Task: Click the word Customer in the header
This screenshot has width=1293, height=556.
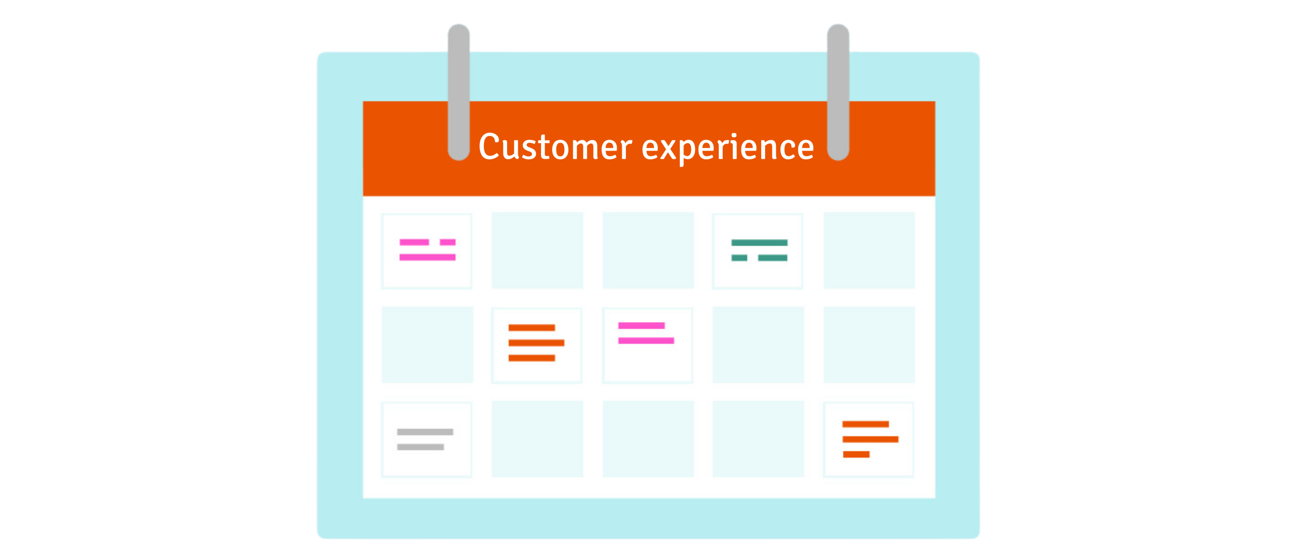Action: coord(555,147)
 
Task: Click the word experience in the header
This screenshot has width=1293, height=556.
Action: coord(728,149)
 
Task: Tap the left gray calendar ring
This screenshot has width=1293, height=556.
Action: coord(459,92)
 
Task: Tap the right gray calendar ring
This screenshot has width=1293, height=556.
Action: coord(838,92)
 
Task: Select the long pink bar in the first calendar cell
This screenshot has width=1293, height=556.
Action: coord(427,257)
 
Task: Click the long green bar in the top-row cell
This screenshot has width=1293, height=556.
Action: coord(759,243)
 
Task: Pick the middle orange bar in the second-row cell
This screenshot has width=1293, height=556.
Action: coord(536,343)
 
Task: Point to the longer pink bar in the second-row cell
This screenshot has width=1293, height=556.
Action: coord(646,341)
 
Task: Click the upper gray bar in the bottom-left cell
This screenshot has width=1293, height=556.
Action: coord(425,432)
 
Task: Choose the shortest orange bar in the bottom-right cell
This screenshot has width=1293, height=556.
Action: coord(856,454)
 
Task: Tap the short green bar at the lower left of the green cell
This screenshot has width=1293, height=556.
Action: coord(739,258)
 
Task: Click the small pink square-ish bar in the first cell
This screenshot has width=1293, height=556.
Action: coord(447,242)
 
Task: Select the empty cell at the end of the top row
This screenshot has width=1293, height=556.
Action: coord(869,250)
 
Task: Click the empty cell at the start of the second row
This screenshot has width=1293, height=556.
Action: coord(427,345)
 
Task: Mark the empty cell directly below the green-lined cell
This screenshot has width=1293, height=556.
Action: coord(758,345)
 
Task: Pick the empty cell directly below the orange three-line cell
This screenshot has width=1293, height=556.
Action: coord(537,439)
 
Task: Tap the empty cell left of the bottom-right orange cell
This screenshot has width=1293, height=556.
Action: coord(758,439)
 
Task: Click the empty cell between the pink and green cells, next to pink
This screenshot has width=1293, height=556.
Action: coord(537,250)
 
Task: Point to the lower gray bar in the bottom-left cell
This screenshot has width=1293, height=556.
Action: coord(420,447)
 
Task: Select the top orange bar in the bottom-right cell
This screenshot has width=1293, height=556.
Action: coord(865,424)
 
